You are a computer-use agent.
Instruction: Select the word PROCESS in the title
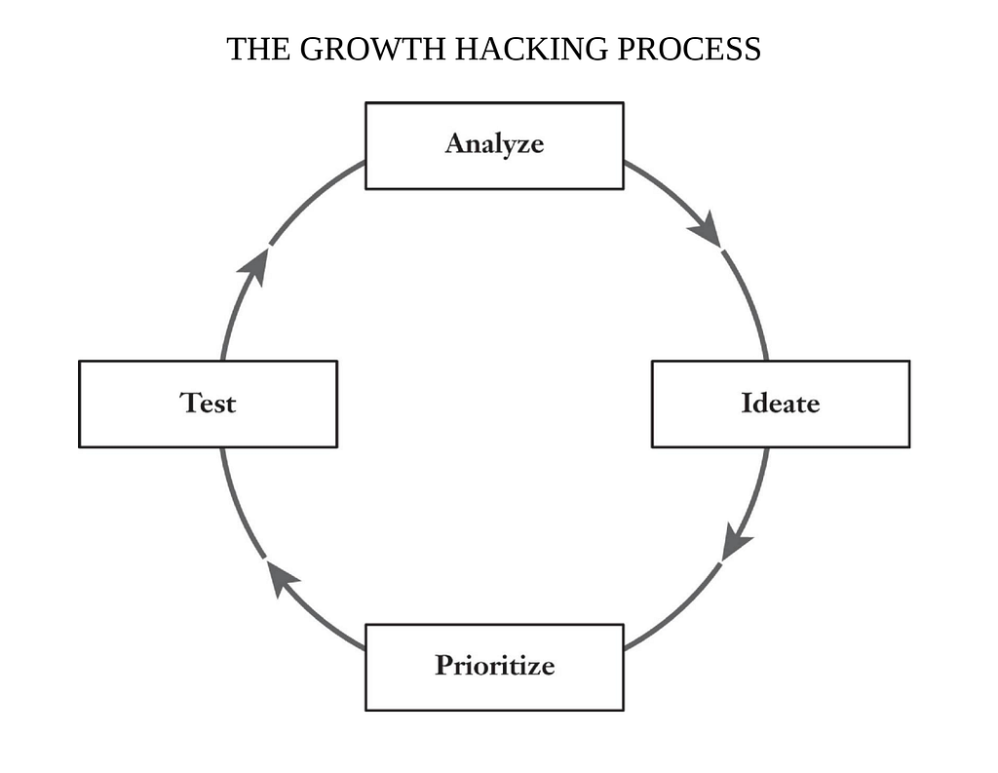click(689, 49)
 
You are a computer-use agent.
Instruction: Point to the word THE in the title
click(259, 49)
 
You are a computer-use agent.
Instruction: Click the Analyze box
click(494, 145)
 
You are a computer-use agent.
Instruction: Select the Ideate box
click(780, 404)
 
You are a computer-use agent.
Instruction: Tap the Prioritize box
click(494, 667)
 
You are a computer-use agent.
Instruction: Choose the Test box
click(208, 404)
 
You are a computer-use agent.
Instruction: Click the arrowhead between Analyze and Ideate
click(706, 233)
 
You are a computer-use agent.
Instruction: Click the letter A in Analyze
click(456, 144)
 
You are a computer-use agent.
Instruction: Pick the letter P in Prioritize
click(444, 666)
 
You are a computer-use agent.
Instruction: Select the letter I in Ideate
click(748, 403)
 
